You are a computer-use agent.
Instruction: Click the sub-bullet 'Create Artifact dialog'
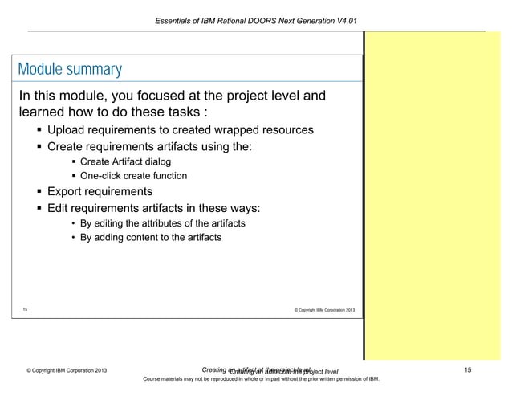pyautogui.click(x=125, y=162)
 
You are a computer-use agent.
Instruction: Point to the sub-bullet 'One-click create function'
pyautogui.click(x=133, y=176)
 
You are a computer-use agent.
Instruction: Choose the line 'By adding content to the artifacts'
pyautogui.click(x=150, y=238)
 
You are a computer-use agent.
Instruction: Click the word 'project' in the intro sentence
pyautogui.click(x=250, y=97)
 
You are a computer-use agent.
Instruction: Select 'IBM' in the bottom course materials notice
pyautogui.click(x=361, y=379)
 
